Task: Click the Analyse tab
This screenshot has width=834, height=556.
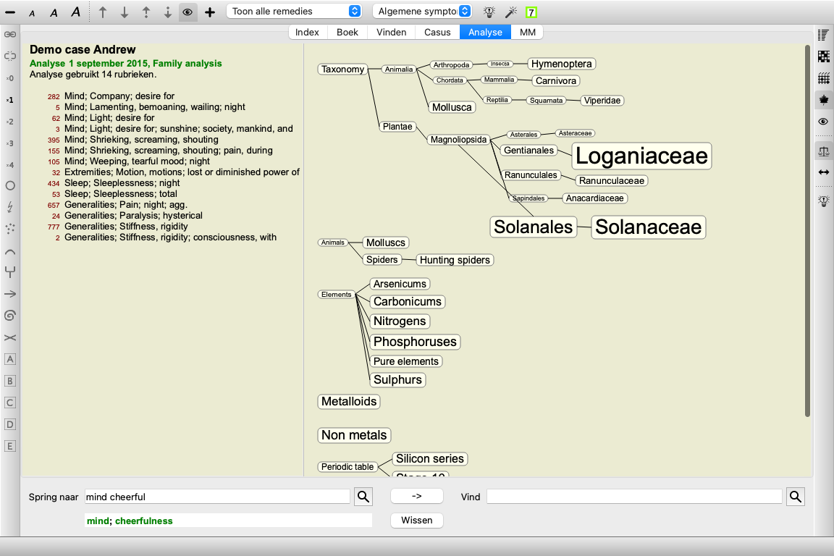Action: pos(485,32)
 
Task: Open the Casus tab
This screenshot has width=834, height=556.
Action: pos(437,32)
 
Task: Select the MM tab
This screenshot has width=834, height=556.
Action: pos(527,32)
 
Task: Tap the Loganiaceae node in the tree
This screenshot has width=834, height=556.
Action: pos(641,156)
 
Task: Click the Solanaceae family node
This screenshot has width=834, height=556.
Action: pos(649,227)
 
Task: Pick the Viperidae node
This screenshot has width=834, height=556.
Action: pos(602,101)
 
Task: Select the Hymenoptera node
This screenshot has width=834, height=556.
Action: pos(561,64)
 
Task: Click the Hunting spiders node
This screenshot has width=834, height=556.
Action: pos(455,260)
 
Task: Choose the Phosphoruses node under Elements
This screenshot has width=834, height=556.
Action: pos(415,342)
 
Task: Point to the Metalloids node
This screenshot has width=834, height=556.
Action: pos(349,402)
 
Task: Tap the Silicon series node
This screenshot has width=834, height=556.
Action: pos(430,459)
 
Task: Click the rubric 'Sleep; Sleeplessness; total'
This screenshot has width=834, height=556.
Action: pos(121,194)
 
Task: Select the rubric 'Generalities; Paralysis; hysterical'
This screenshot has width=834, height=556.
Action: pos(133,216)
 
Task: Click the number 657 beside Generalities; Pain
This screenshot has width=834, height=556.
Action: pos(54,206)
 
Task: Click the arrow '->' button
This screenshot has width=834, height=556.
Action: pos(417,496)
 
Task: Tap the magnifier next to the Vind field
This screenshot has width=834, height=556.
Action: pos(795,497)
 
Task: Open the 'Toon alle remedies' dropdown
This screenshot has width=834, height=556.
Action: pos(294,11)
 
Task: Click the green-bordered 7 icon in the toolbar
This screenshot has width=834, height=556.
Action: pos(531,12)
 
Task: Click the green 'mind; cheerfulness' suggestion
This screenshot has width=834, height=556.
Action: pos(130,521)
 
